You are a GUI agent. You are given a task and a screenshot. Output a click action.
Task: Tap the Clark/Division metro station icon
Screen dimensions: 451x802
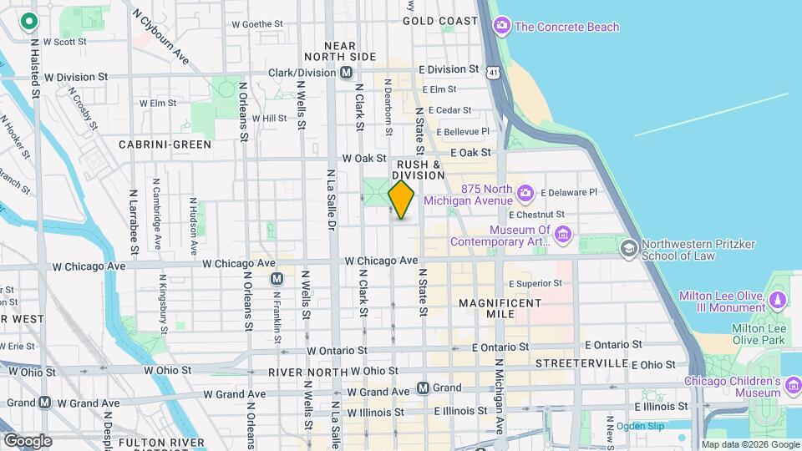pos(345,73)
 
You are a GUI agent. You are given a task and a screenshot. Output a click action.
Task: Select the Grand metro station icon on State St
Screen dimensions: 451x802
pos(424,388)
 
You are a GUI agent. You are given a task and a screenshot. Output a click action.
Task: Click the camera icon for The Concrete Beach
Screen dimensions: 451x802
pos(501,27)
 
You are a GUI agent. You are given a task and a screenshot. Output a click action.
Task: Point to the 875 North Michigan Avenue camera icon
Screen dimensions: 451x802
pos(525,195)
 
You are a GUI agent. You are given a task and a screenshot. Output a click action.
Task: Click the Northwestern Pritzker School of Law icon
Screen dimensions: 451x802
pos(627,249)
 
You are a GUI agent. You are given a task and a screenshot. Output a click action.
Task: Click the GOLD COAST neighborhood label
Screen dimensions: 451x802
pos(439,20)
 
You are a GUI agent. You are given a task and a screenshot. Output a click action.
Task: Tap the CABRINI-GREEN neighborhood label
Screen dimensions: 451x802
pos(165,144)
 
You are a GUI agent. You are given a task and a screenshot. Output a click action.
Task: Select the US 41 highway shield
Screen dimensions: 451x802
pos(495,73)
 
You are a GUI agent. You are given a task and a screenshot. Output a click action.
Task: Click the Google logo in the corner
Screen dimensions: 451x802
pos(28,441)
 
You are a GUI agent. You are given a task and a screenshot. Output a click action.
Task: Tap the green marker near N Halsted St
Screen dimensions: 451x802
pos(30,22)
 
